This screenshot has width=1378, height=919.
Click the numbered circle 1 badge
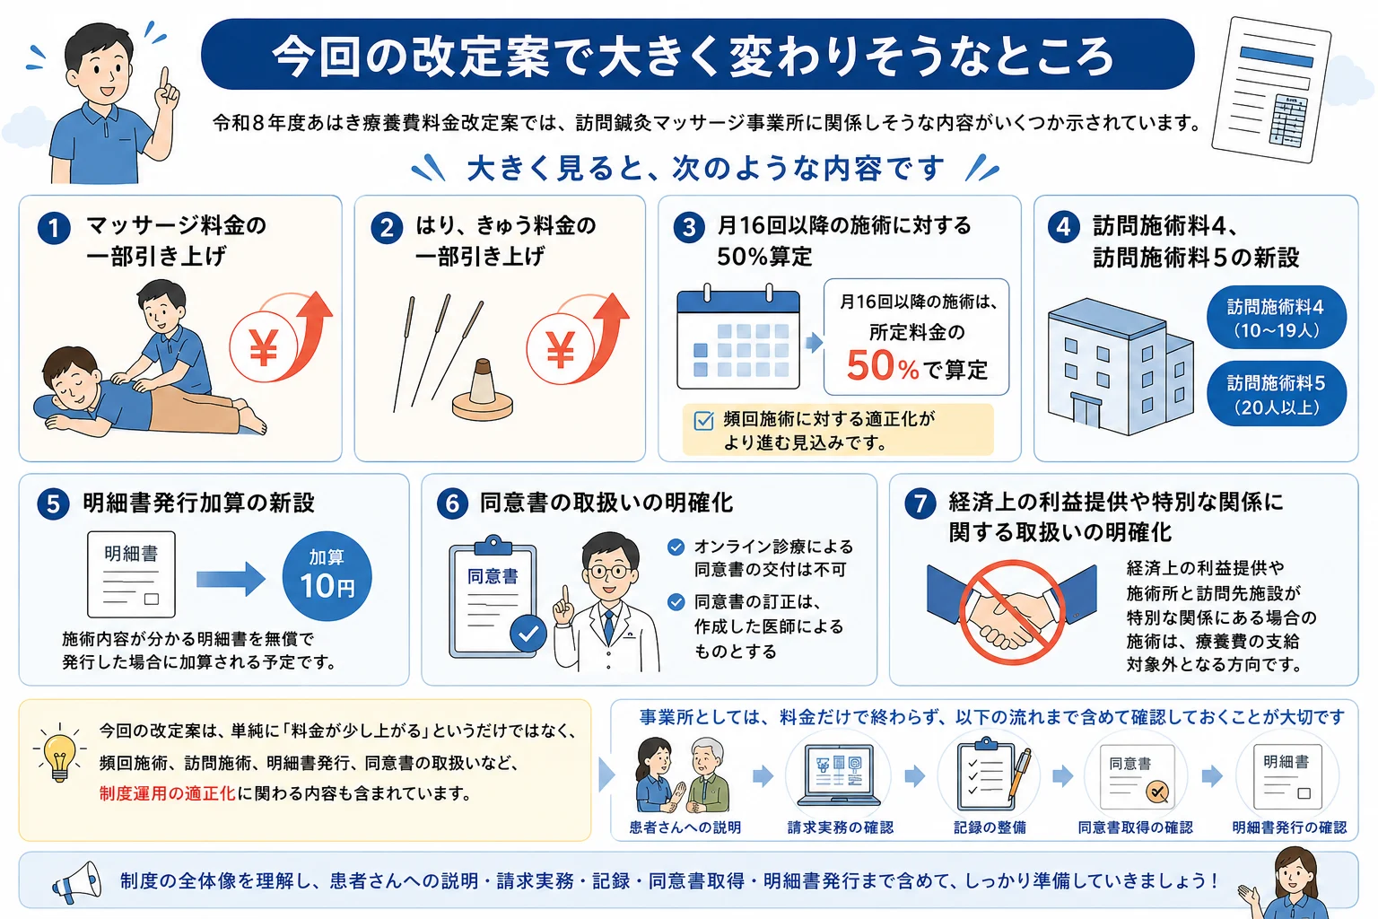[x=54, y=228]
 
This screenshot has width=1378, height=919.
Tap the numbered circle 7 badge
[x=920, y=503]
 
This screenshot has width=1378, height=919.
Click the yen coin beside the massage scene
[x=264, y=347]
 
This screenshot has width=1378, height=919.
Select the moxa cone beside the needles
[x=483, y=391]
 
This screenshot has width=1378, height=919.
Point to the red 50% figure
[x=883, y=366]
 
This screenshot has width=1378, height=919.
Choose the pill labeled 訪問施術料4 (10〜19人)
[x=1277, y=318]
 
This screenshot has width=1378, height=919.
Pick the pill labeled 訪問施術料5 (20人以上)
[x=1277, y=394]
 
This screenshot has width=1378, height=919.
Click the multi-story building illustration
[x=1121, y=367]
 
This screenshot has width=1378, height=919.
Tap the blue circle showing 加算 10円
[x=327, y=576]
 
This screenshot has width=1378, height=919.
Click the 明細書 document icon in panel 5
[x=131, y=574]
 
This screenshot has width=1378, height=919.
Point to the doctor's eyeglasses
[x=609, y=571]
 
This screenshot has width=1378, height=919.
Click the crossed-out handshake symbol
[x=1012, y=612]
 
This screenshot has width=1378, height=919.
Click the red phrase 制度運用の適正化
[x=168, y=794]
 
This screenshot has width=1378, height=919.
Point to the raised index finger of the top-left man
[x=164, y=80]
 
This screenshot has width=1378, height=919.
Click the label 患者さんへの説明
[x=685, y=827]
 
